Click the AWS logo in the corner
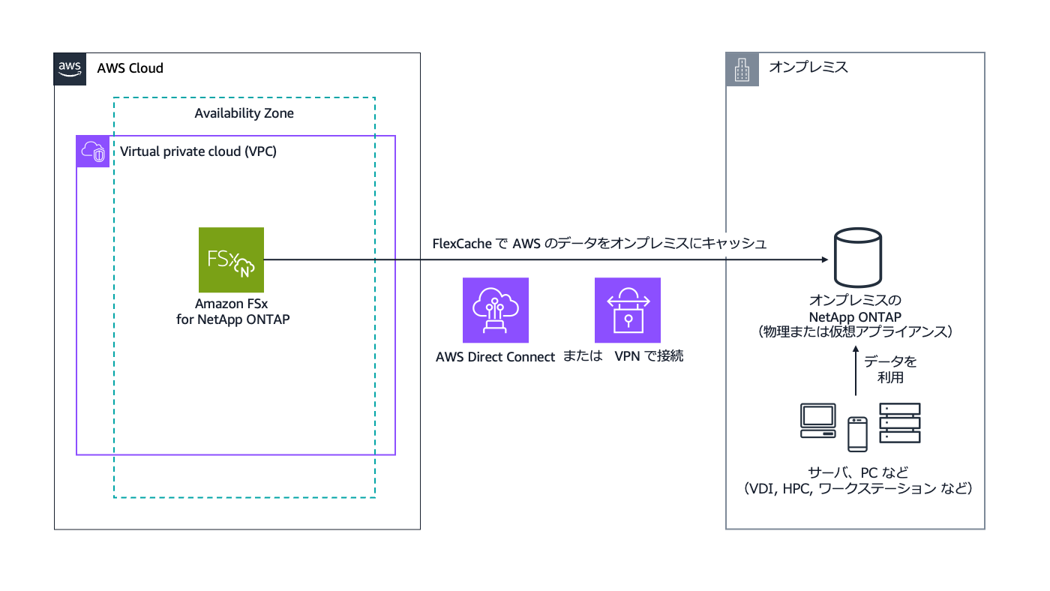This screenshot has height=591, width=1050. tap(70, 69)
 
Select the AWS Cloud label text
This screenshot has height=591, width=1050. tap(130, 68)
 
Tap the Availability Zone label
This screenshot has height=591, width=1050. tap(244, 113)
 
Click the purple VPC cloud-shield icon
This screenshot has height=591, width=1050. tap(93, 151)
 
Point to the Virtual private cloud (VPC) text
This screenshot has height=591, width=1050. tap(199, 151)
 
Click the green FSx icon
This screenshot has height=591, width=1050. tap(231, 259)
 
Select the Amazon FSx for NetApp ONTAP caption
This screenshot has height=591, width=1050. tap(232, 311)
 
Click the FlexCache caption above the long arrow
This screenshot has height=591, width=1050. tap(599, 244)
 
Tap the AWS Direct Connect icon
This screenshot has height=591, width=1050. tap(496, 310)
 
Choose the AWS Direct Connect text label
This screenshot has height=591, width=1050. tap(496, 357)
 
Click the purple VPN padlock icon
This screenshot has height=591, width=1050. tap(627, 310)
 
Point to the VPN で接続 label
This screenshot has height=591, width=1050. tap(649, 357)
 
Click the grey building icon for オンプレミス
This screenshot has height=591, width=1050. tap(742, 69)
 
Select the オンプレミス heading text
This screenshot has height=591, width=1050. tap(808, 67)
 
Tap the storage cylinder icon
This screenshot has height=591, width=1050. tap(858, 259)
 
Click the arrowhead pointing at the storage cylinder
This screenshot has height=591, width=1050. tap(823, 259)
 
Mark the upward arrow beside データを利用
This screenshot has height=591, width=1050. tap(856, 373)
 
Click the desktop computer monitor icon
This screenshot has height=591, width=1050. tap(817, 421)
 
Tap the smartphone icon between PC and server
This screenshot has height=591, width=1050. tap(857, 434)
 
